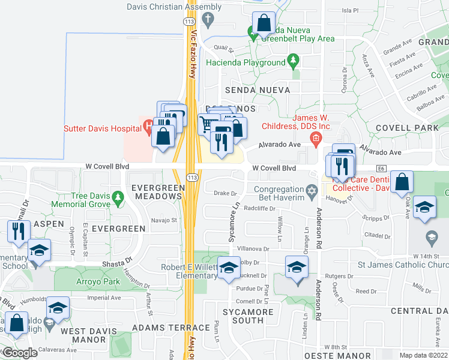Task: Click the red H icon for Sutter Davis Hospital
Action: pos(148,127)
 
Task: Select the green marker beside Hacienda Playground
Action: pos(293,60)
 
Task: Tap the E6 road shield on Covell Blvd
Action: pos(381,169)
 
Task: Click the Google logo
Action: pos(20,352)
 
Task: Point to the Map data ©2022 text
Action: pos(423,355)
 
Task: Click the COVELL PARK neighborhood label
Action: pos(407,128)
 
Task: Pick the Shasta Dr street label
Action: pos(120,260)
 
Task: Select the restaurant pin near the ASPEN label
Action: pos(17,230)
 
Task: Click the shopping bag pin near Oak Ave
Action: pos(401,180)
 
